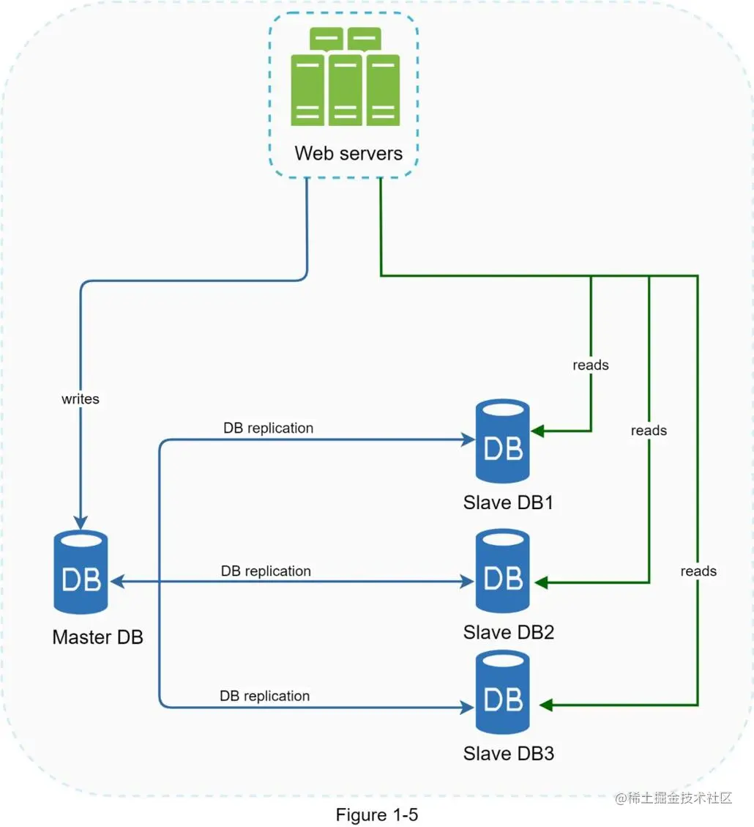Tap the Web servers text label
[348, 154]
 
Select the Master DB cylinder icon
[81, 573]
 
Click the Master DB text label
[97, 637]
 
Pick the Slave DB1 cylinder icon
[503, 441]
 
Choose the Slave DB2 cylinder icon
[503, 572]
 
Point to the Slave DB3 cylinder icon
[503, 693]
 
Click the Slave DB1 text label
[508, 503]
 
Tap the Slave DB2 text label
[508, 632]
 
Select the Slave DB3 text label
[508, 753]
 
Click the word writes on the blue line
[80, 399]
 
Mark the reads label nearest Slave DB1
[591, 365]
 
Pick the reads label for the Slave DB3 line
[698, 571]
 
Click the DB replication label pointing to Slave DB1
[269, 428]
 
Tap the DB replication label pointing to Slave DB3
[265, 696]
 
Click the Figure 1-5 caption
[377, 815]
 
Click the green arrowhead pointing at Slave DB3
[545, 705]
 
